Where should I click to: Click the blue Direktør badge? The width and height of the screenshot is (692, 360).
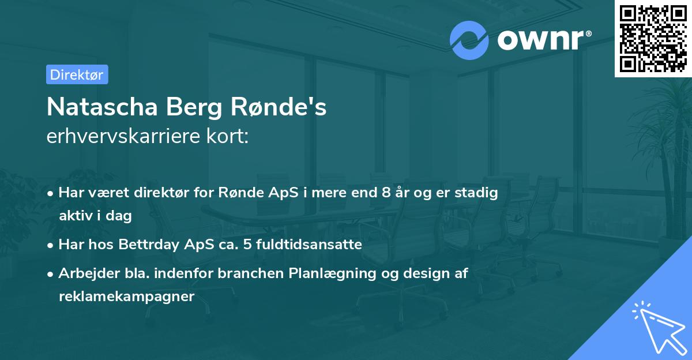77,74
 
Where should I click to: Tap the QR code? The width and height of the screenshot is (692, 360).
653,39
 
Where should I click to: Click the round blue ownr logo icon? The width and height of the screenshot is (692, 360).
469,40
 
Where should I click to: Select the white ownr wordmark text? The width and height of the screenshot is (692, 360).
540,40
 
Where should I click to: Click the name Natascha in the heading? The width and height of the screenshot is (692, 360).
102,107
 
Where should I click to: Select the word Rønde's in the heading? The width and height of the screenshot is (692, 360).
279,107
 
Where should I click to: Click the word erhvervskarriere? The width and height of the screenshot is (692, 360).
123,136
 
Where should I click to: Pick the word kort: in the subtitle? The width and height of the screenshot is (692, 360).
227,136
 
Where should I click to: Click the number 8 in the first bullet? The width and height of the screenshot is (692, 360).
386,192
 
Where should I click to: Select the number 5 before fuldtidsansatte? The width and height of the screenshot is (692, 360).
247,245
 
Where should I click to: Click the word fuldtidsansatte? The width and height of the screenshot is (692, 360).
309,245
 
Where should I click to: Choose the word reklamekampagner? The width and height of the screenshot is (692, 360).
127,297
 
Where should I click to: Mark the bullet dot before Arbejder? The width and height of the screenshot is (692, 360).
50,274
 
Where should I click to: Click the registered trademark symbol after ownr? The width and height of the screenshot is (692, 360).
588,33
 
